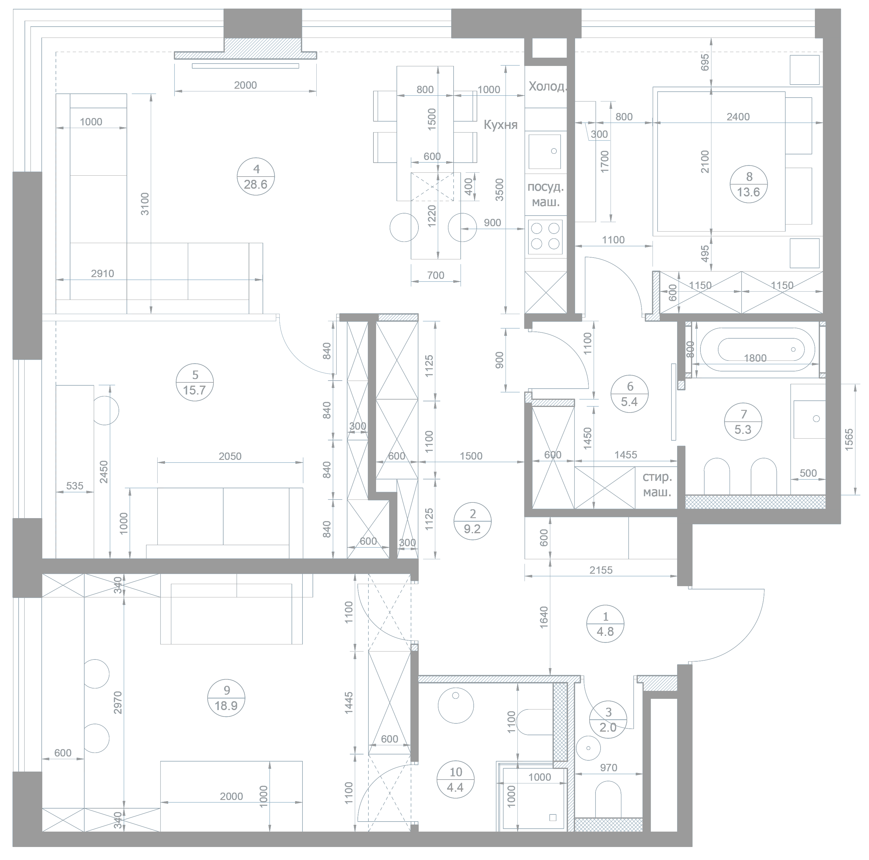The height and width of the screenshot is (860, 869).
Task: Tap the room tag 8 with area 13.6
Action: tap(748, 184)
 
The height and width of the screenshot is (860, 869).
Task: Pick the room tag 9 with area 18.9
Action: tap(226, 698)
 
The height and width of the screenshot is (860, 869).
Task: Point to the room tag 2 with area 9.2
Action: tap(472, 521)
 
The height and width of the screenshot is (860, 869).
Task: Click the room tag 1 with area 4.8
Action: tap(606, 624)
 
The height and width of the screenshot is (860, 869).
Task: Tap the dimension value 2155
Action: tap(601, 570)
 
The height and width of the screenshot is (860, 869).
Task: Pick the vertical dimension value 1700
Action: tap(606, 162)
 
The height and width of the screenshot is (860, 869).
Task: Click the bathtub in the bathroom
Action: tap(757, 350)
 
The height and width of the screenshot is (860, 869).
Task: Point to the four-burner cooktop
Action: tap(545, 236)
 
